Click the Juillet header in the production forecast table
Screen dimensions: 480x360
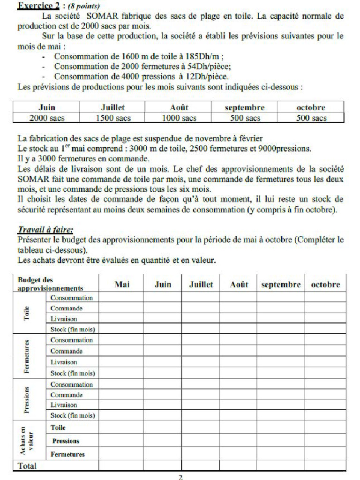[113, 107]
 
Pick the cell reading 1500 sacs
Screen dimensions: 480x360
[113, 118]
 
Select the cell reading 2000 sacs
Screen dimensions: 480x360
[46, 118]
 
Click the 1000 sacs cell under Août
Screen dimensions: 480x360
[179, 118]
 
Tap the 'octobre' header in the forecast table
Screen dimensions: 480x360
[311, 107]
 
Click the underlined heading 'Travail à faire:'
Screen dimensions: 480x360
[45, 230]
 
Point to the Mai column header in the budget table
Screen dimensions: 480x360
[122, 285]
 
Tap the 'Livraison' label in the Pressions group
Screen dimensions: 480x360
[64, 405]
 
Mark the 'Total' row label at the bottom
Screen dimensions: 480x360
[27, 466]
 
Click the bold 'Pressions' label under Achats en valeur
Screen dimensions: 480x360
[66, 441]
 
